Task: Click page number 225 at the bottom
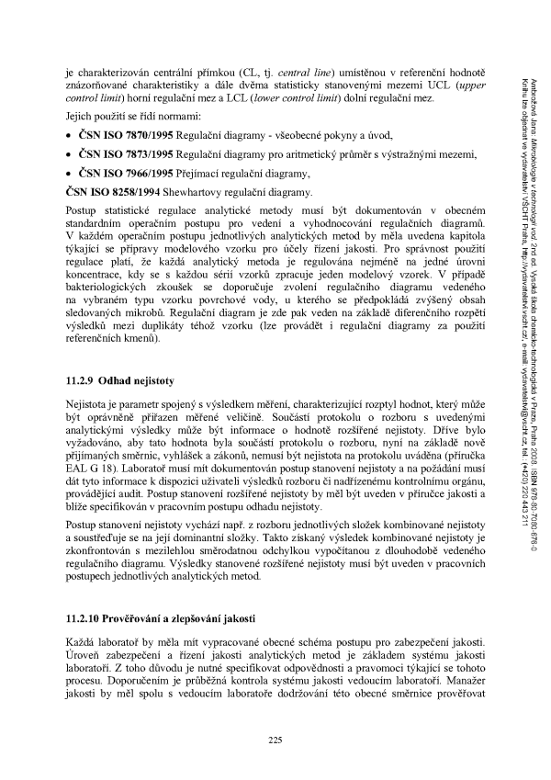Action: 274,740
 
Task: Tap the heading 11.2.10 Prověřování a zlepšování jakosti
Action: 163,614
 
